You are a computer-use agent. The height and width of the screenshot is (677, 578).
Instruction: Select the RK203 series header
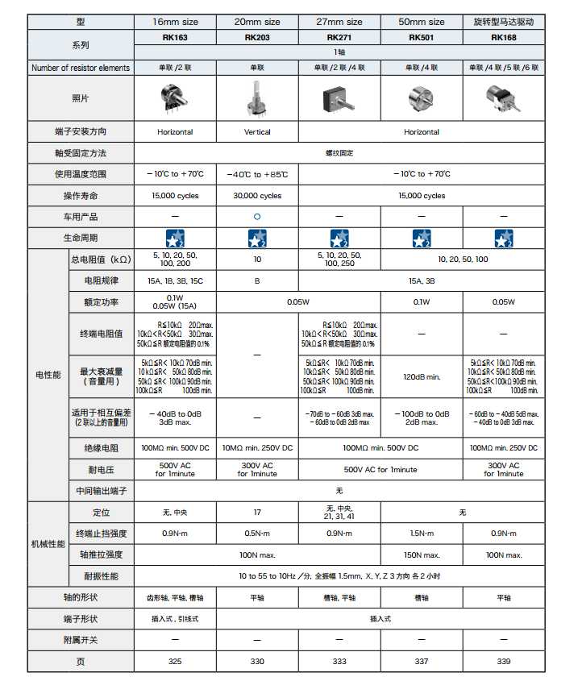257,37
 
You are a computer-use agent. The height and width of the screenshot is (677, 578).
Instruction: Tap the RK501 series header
421,37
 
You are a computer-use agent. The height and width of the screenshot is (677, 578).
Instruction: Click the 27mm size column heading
339,22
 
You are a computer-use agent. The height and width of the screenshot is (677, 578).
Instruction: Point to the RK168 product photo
502,98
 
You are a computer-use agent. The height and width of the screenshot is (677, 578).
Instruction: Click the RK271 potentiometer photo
339,98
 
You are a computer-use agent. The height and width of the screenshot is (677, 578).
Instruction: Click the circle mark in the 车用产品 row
257,217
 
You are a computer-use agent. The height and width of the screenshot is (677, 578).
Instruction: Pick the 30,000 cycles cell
257,196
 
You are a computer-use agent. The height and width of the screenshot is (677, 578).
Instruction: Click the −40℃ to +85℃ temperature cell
257,174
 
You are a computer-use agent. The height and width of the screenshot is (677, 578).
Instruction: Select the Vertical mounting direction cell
257,132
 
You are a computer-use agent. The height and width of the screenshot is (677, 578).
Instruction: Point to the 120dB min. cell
421,376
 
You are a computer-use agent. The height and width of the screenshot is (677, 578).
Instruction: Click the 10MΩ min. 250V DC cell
257,447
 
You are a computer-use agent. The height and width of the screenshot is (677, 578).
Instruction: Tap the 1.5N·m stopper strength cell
421,534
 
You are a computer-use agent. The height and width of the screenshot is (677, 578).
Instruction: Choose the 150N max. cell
421,554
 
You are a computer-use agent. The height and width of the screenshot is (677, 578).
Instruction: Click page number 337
421,662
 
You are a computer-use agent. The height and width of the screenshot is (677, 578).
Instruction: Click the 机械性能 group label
48,544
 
